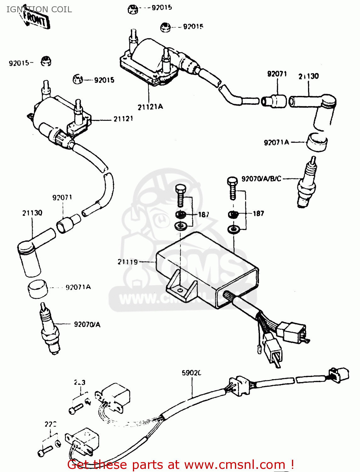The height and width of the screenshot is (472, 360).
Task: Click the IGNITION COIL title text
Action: (x=39, y=9)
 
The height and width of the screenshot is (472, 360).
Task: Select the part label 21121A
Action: (x=150, y=107)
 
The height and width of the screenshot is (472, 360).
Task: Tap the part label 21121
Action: (x=123, y=119)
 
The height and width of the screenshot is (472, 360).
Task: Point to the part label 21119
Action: (x=128, y=262)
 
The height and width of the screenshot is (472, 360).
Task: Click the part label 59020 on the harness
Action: (x=191, y=373)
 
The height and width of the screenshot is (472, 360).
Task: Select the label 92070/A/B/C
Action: (x=261, y=179)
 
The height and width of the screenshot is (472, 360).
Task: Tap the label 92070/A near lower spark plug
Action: (x=87, y=324)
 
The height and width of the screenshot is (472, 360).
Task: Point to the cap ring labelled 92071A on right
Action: (x=317, y=142)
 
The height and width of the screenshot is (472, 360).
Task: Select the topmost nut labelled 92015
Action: (x=133, y=9)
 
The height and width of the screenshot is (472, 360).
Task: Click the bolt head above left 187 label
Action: (x=180, y=189)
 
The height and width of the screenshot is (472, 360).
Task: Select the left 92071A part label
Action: (x=78, y=287)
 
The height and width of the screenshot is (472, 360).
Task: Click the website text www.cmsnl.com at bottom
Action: (x=235, y=465)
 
